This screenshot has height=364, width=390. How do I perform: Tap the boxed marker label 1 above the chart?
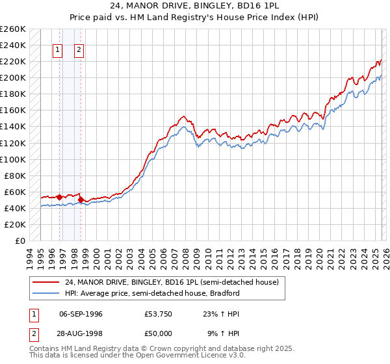coord(58,49)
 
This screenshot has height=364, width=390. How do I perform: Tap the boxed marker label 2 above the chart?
coord(79,49)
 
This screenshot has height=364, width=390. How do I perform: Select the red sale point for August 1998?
coord(81,200)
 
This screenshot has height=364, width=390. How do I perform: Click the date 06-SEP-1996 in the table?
coord(81,314)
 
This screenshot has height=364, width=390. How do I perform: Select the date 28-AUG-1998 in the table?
coord(81,335)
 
